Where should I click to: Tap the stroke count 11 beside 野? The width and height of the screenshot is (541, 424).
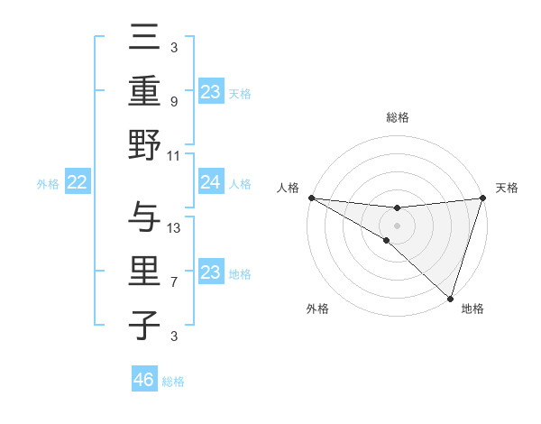(174, 155)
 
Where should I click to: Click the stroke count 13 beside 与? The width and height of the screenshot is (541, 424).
(174, 227)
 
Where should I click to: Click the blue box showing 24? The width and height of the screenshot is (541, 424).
(210, 183)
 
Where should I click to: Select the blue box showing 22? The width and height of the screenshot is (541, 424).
(78, 183)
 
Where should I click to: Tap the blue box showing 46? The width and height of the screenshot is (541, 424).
(144, 380)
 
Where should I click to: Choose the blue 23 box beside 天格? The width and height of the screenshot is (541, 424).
(210, 91)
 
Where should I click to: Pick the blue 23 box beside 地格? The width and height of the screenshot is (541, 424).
(210, 273)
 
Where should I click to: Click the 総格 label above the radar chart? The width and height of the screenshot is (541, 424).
(397, 117)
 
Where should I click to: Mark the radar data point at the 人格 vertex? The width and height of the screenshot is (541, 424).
(311, 198)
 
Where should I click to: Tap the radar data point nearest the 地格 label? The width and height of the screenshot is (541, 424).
(450, 297)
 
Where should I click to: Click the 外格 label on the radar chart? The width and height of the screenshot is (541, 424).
(317, 309)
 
